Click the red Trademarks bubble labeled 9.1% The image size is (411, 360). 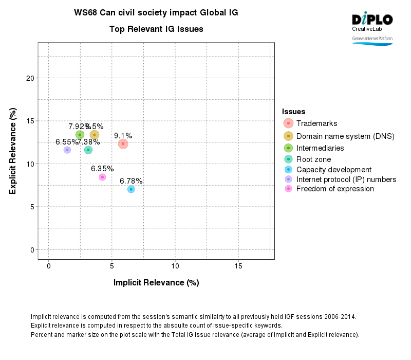click(123, 144)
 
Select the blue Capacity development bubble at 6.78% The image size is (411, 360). click(131, 189)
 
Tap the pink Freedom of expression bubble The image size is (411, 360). click(102, 177)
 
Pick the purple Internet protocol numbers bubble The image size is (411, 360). click(67, 150)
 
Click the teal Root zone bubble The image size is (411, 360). click(88, 150)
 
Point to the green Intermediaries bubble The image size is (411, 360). click(80, 135)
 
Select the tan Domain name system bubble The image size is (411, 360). click(95, 135)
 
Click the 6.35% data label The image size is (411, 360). click(102, 169)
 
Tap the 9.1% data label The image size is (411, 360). click(123, 136)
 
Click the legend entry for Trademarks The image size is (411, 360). click(316, 123)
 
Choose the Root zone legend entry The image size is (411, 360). click(313, 159)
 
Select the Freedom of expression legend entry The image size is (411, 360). click(335, 189)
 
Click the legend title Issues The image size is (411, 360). click(294, 112)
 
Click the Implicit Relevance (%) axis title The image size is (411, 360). click(156, 282)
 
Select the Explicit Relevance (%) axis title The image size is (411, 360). click(13, 151)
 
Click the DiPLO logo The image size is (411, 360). click(372, 20)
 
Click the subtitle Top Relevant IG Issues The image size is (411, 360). click(156, 29)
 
